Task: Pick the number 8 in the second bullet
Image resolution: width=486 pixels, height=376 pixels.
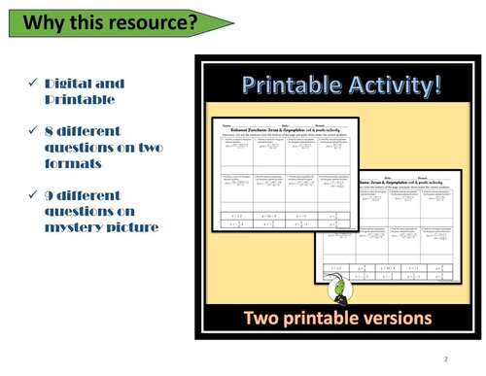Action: point(49,130)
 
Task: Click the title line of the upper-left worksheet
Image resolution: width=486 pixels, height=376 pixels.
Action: point(284,130)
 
